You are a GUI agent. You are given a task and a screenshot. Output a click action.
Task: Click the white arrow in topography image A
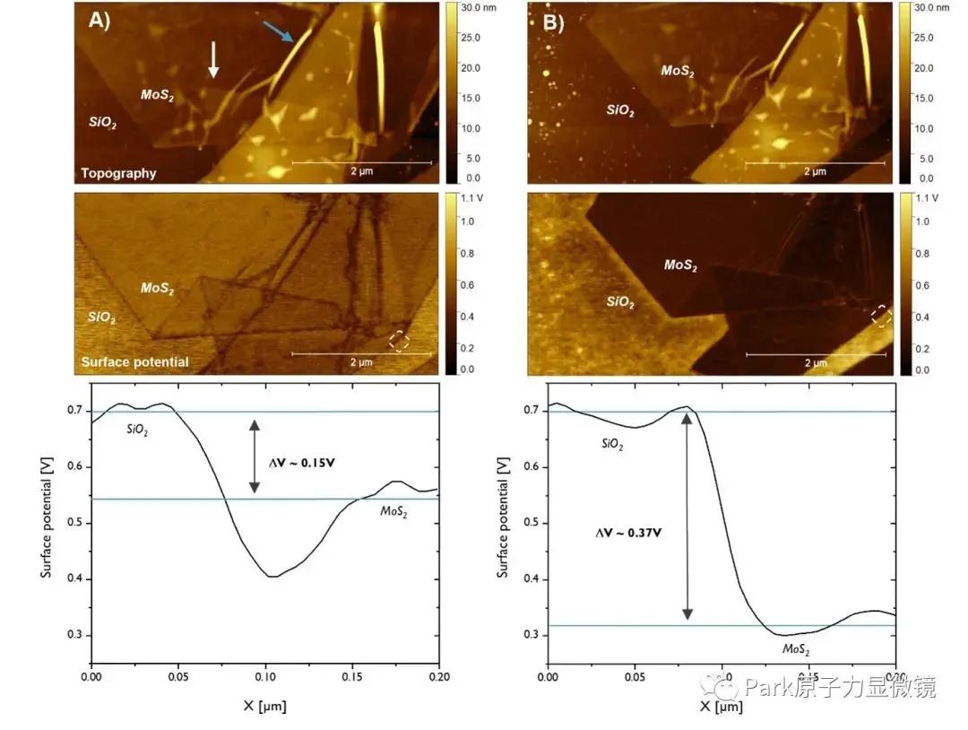coord(213,59)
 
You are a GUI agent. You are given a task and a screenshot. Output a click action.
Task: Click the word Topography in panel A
coord(118,173)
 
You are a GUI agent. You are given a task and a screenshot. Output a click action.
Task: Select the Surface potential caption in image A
coord(134,362)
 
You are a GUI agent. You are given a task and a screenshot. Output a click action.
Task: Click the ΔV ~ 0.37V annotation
coord(629,532)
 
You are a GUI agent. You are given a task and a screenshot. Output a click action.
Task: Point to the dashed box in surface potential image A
coord(400,341)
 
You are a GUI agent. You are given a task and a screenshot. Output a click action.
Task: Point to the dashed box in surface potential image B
coord(881,316)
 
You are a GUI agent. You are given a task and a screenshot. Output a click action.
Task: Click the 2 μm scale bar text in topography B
coord(815,171)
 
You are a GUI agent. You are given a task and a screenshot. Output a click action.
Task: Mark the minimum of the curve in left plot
coord(272,577)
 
